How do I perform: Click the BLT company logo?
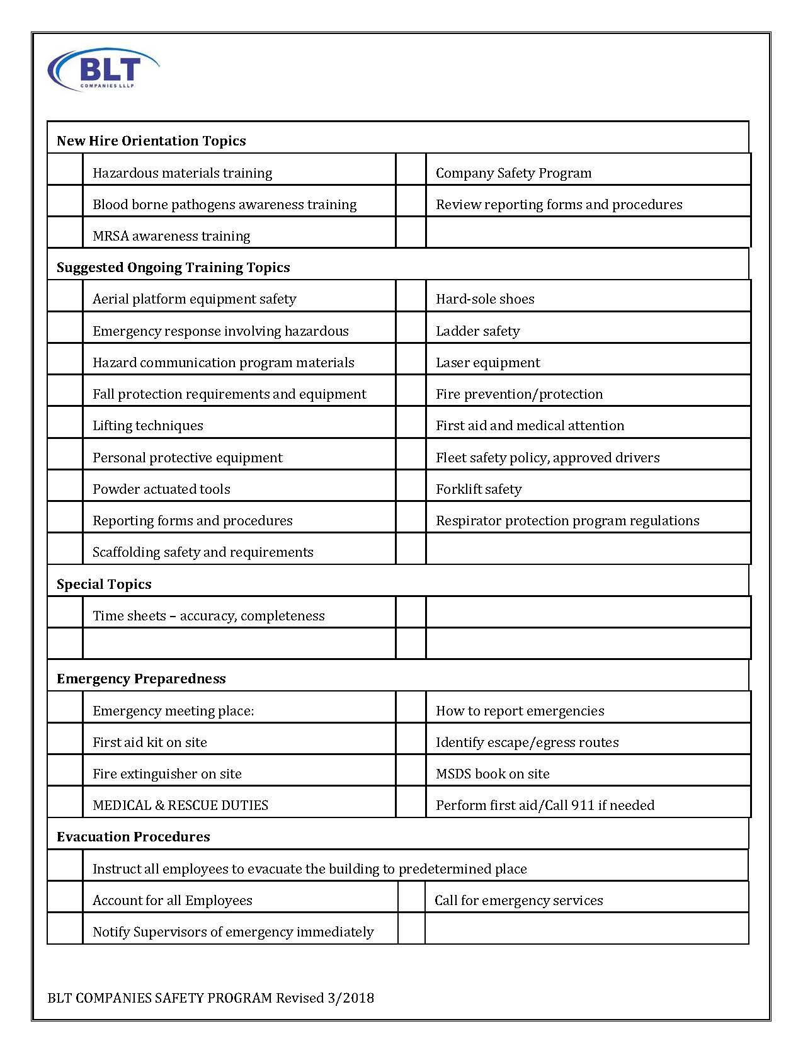[x=103, y=69]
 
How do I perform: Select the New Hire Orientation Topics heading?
[x=151, y=140]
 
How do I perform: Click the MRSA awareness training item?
[x=171, y=236]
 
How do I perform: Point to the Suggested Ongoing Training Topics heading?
[x=173, y=267]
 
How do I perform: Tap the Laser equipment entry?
[x=487, y=363]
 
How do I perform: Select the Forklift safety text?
[x=479, y=489]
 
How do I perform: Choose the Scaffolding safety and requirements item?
[x=203, y=552]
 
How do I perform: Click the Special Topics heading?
[x=104, y=584]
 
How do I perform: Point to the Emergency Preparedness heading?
[x=141, y=678]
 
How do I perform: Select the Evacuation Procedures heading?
[x=134, y=836]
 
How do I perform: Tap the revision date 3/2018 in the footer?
[x=350, y=998]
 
